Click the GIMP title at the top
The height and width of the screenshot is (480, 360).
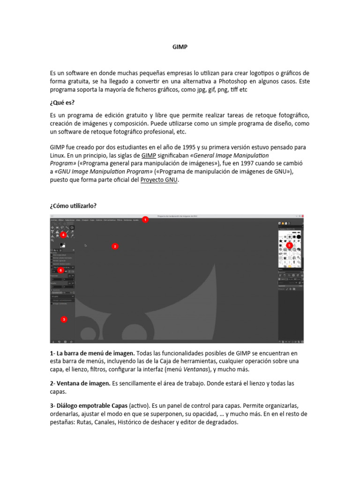point(180,47)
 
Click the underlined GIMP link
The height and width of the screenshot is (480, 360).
point(149,155)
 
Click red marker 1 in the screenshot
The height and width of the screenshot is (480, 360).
point(145,219)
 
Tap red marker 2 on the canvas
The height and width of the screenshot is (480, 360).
point(115,246)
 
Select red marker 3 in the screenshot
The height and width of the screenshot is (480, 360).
point(64,320)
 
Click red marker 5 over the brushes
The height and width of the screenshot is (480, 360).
point(289,245)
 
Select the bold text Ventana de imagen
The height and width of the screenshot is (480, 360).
point(82,383)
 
